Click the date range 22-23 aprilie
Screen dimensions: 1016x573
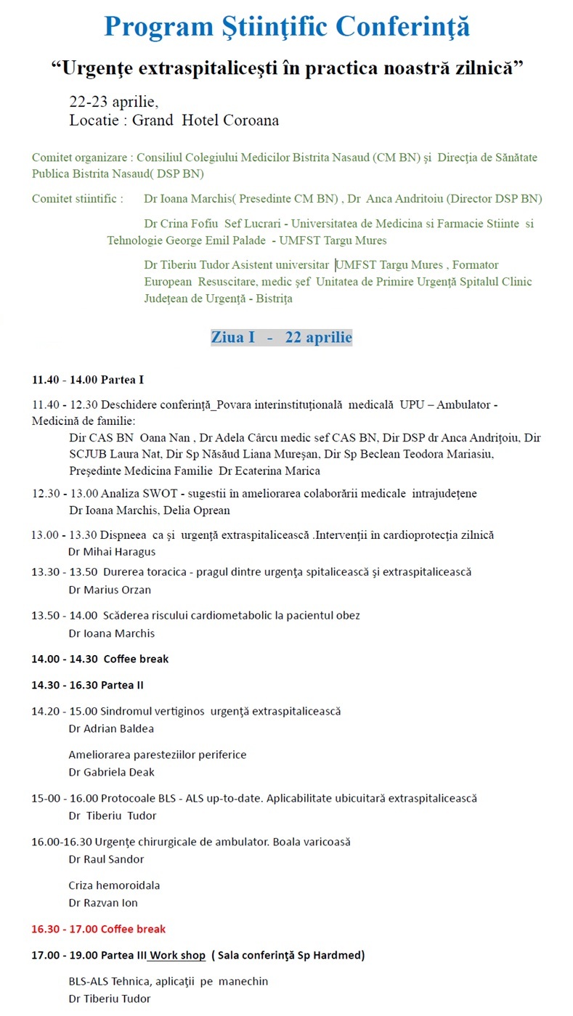(113, 101)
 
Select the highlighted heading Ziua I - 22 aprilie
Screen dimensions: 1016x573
(282, 337)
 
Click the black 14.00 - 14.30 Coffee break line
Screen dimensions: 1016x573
(99, 659)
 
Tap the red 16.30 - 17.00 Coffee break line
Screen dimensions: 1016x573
(98, 929)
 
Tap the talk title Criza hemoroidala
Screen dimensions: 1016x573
(114, 885)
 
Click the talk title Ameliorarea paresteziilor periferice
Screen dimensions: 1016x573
(158, 755)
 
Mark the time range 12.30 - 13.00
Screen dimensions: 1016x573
(57, 493)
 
